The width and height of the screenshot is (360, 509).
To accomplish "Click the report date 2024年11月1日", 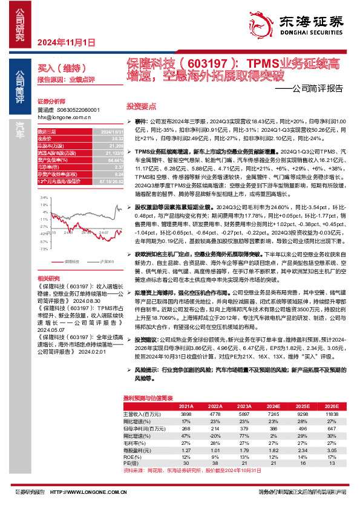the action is [67, 42].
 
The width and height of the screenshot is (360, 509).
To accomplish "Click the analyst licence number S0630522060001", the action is [77, 110].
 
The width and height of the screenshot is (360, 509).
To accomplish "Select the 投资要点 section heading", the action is [141, 105].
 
